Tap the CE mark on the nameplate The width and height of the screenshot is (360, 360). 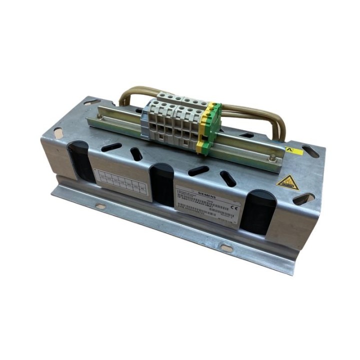pyautogui.click(x=235, y=202)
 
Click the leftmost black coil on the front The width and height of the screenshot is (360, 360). pyautogui.click(x=80, y=160)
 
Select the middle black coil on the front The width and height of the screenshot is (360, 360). pyautogui.click(x=162, y=185)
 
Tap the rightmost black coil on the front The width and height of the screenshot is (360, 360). pyautogui.click(x=260, y=212)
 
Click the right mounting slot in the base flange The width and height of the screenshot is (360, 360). pyautogui.click(x=226, y=247)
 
